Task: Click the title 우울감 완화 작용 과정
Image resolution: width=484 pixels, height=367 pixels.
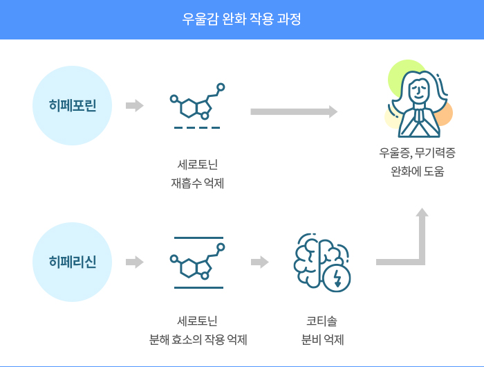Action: (x=241, y=19)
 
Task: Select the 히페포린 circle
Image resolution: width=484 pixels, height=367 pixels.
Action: (x=73, y=105)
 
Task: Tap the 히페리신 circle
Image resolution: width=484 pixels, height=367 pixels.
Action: (x=73, y=262)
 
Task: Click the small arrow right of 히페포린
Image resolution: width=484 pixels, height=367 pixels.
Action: (x=135, y=105)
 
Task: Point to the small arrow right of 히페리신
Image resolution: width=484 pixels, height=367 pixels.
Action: (x=135, y=262)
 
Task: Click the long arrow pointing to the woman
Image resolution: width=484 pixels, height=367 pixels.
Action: (x=294, y=111)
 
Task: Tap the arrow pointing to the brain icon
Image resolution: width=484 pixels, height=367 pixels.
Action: (x=259, y=262)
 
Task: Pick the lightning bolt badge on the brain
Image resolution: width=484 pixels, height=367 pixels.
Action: (x=338, y=278)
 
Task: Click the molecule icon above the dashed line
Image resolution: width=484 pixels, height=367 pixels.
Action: (x=198, y=102)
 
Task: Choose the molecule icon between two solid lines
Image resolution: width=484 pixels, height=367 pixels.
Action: (x=198, y=260)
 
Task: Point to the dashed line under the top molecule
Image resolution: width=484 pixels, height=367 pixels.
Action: (x=198, y=128)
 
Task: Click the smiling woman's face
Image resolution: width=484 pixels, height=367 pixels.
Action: (x=420, y=89)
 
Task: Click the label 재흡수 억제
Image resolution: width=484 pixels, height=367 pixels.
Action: (x=198, y=183)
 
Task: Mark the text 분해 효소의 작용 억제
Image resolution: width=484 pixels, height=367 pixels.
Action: (x=198, y=340)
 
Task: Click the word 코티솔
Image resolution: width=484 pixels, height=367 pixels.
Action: (x=322, y=321)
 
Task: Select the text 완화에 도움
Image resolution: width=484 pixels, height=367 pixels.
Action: (x=418, y=171)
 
